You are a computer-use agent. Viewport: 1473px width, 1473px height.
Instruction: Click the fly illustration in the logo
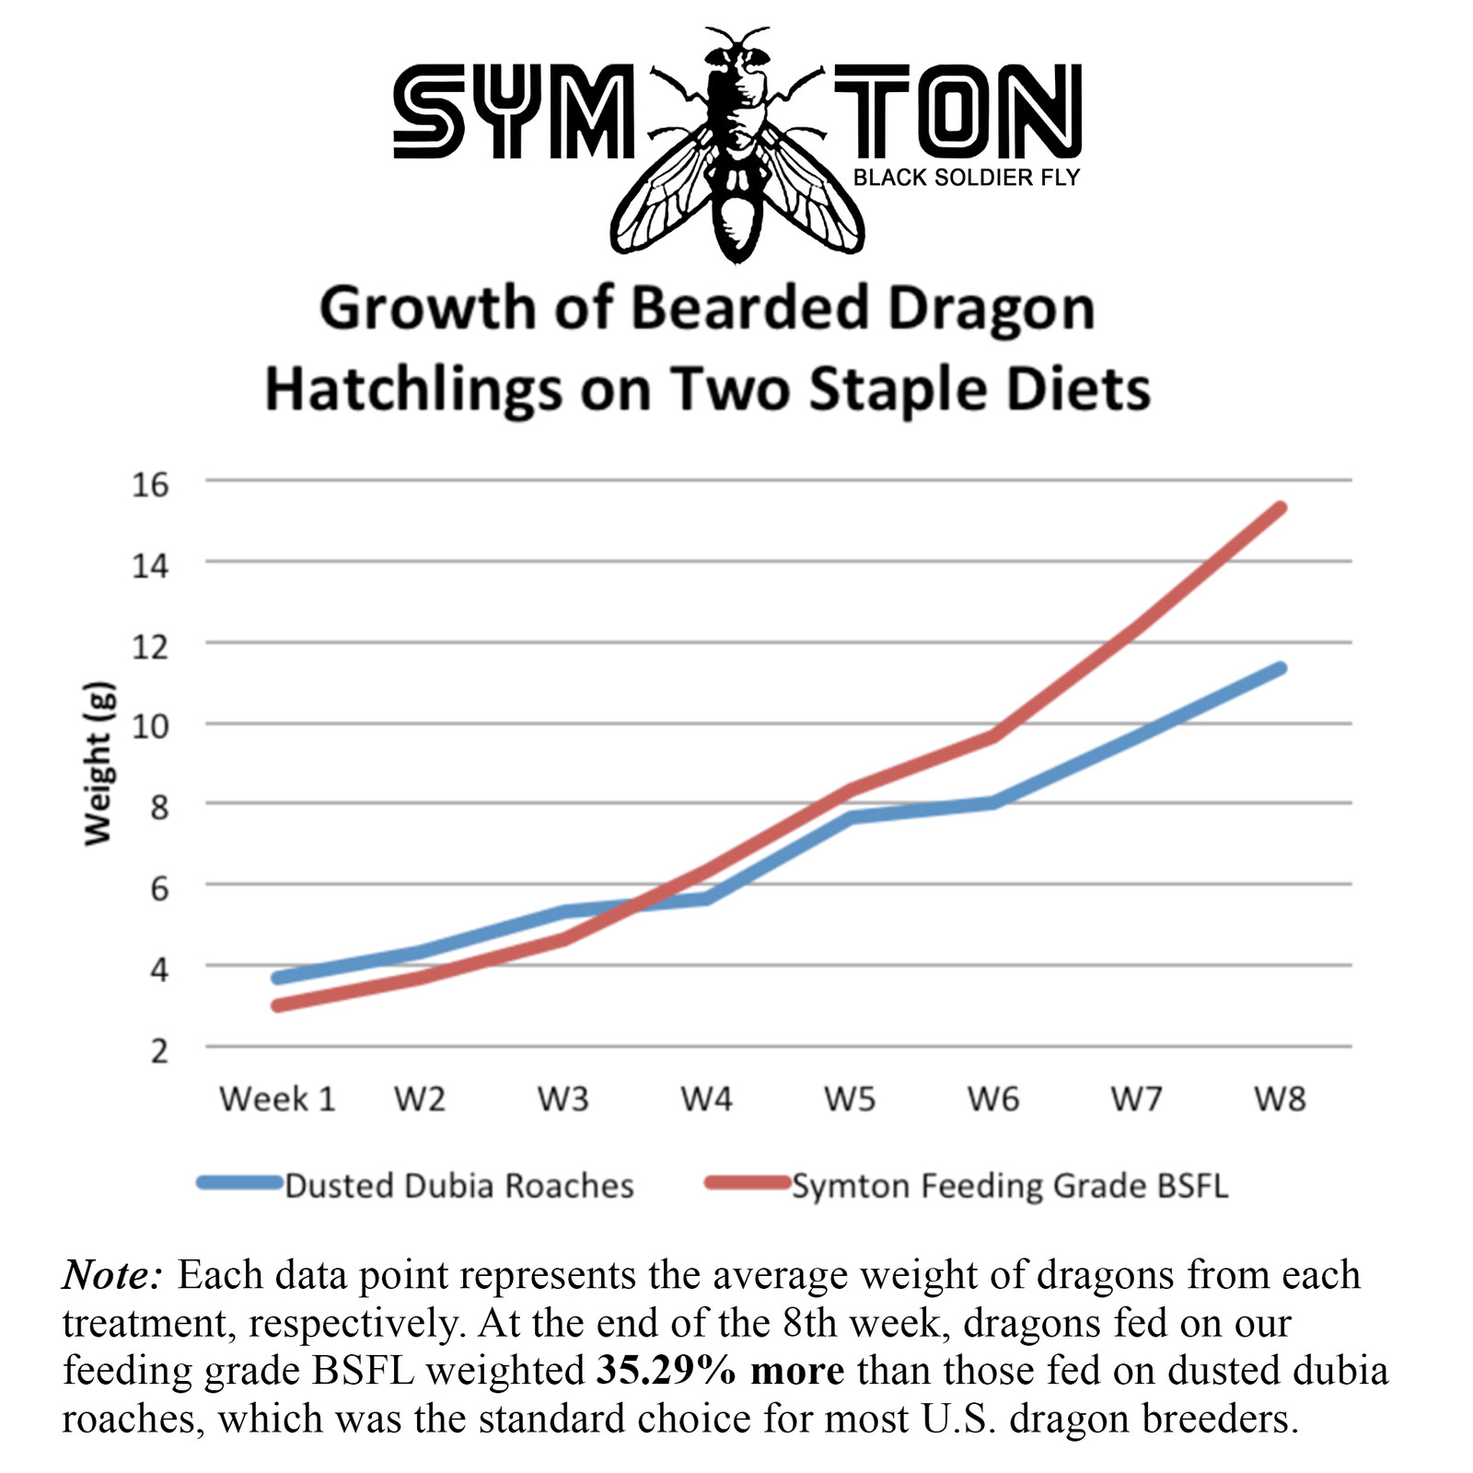click(736, 147)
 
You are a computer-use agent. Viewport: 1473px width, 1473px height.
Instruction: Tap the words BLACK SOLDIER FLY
click(966, 178)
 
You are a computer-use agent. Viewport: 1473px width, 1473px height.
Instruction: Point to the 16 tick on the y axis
click(151, 483)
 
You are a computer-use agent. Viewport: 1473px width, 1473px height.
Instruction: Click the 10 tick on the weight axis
click(151, 725)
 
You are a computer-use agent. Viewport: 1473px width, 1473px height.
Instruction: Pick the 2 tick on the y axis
click(160, 1050)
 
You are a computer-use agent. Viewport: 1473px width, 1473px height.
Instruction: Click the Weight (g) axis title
click(98, 763)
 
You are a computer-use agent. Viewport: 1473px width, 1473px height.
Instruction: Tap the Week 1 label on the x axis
click(277, 1098)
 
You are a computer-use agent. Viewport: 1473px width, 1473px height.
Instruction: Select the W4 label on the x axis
click(706, 1098)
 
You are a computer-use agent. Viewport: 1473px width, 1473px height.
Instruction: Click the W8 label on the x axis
click(1280, 1098)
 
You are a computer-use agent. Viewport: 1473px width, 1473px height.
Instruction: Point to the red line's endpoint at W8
click(1280, 508)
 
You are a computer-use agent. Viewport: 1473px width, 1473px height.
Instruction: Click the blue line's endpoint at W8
click(1280, 668)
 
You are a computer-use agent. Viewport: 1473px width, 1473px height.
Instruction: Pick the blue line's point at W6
click(993, 803)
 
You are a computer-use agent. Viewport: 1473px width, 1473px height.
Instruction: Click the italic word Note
click(112, 1275)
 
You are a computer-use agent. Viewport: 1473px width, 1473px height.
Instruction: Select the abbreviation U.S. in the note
click(958, 1419)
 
